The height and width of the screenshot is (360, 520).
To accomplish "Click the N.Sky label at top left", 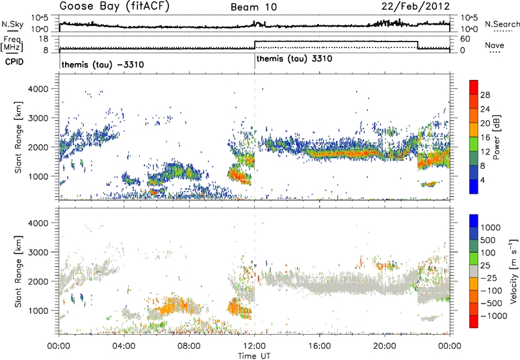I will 10,24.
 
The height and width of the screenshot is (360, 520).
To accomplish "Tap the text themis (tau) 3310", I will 295,58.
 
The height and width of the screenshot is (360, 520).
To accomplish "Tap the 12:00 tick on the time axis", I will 255,346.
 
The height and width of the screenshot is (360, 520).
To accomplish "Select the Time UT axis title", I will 254,355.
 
